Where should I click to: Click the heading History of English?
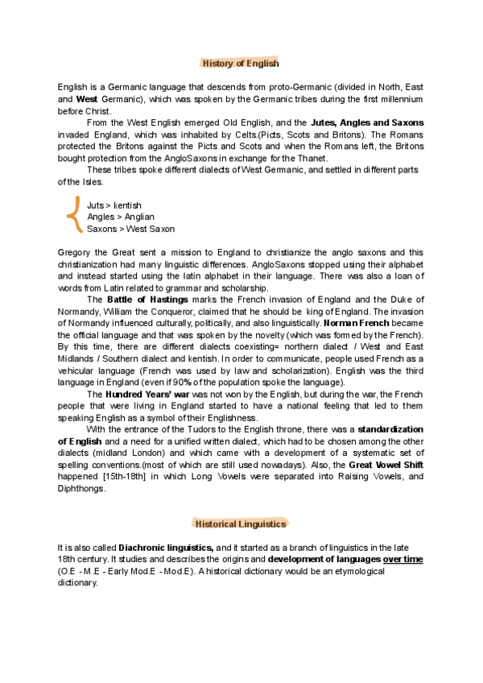241,63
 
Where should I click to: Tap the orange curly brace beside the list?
74,217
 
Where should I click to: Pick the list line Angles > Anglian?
121,217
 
